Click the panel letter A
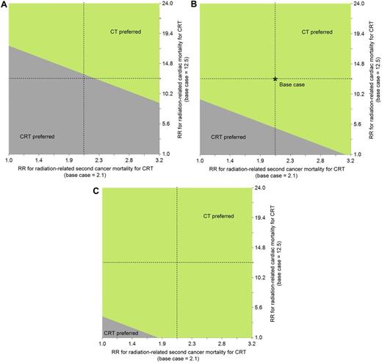4,5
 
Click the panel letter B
195,5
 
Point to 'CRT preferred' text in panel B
228,137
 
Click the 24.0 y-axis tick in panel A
167,4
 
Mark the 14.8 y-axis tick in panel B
358,63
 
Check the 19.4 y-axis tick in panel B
358,34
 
